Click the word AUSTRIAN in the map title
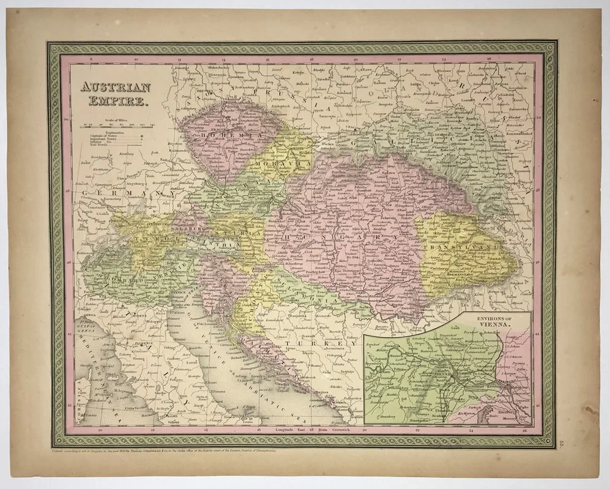pos(115,88)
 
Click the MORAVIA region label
pos(285,164)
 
